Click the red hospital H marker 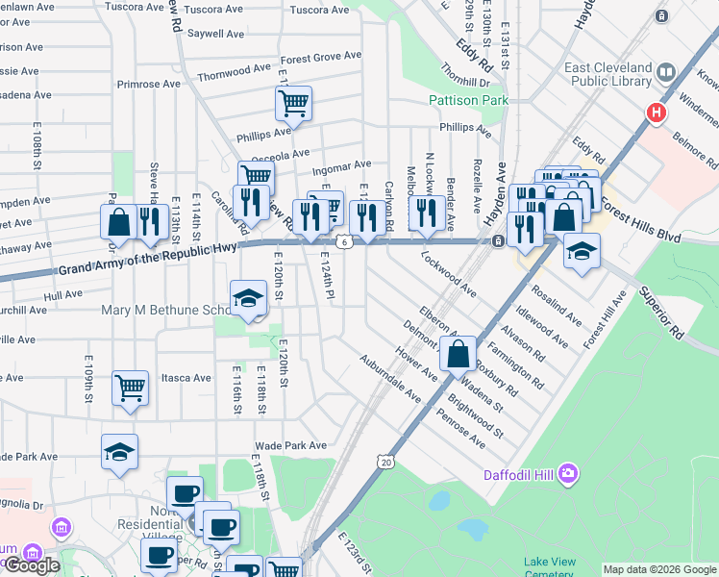(x=657, y=113)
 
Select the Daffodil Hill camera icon (x=569, y=472)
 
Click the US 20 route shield (x=386, y=463)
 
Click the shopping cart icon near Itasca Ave (x=130, y=389)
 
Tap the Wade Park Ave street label (x=290, y=446)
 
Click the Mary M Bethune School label (x=163, y=311)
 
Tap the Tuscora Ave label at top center (x=319, y=10)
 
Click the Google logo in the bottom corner (x=31, y=565)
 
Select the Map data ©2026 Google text (x=658, y=569)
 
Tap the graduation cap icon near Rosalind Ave (x=581, y=252)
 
